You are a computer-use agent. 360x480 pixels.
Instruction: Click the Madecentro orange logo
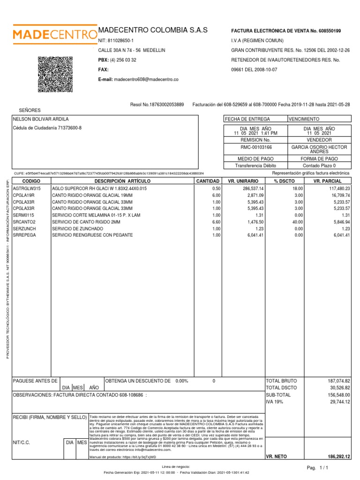[x=52, y=34]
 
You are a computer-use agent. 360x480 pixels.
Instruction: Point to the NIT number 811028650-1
[x=121, y=41]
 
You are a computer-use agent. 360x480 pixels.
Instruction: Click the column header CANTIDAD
[x=208, y=181]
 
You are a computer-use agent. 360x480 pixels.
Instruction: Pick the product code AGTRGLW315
[x=27, y=188]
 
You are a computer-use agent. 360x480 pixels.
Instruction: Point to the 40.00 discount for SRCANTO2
[x=298, y=222]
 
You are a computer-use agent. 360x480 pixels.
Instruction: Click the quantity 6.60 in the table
[x=216, y=222]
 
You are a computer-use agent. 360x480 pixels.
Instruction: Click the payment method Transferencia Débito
[x=255, y=165]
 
